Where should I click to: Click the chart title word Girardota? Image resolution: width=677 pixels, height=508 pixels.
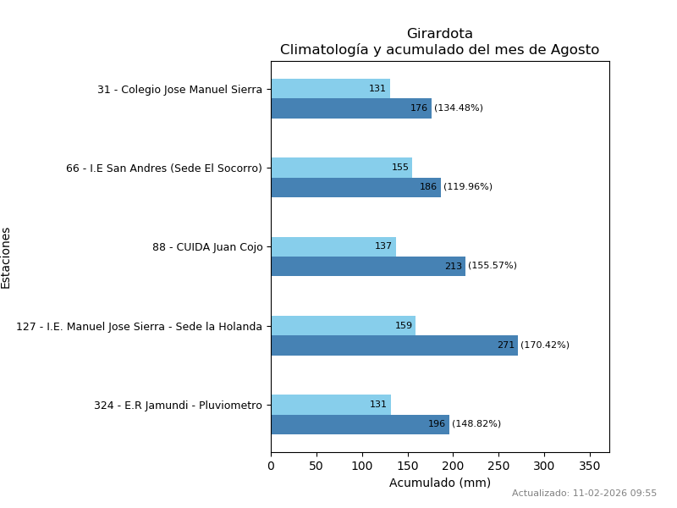coord(439,34)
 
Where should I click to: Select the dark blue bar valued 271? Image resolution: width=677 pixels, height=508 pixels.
coord(394,345)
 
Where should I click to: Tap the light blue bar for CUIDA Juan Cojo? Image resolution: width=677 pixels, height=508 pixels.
coord(333,246)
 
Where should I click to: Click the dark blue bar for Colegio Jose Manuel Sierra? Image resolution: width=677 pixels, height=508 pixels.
coord(350,108)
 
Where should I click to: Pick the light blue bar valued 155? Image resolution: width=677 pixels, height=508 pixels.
coord(341,168)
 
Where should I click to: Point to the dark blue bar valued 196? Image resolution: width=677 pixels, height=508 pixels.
coord(360,424)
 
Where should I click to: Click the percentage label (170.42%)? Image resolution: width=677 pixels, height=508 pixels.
coord(544,345)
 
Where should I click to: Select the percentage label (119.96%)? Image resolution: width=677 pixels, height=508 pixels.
coord(467,187)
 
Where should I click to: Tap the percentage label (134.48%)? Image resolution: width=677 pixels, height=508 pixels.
coord(458,108)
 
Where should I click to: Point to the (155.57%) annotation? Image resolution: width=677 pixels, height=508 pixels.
coord(492,266)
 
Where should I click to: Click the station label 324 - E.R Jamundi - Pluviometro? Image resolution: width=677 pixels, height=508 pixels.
coord(178,406)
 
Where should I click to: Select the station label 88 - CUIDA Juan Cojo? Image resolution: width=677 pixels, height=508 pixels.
coord(207,247)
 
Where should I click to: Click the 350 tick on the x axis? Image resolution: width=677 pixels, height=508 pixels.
coord(590,465)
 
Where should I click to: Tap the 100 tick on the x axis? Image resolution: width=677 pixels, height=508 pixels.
coord(362,465)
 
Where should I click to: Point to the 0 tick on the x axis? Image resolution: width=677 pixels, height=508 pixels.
coord(271,465)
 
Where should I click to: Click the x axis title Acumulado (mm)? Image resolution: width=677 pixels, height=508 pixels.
coord(439,483)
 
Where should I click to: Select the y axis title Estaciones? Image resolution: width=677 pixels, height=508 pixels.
coord(6,257)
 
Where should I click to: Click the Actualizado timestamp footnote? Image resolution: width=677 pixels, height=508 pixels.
coord(584,494)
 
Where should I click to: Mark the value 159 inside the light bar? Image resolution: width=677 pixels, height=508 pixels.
coord(404,326)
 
